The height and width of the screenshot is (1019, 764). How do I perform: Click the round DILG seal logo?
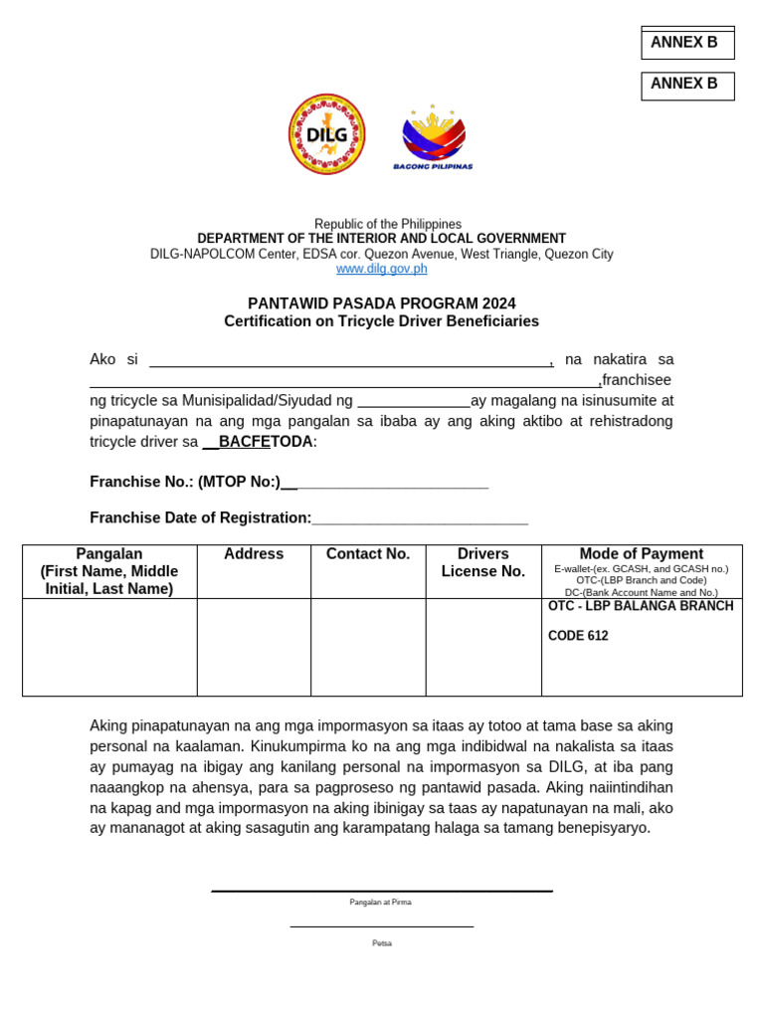point(326,134)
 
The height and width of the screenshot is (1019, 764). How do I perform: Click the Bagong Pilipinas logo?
point(433,137)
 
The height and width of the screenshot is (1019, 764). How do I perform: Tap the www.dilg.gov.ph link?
point(381,269)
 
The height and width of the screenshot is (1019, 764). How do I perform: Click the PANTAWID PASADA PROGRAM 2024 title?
point(381,304)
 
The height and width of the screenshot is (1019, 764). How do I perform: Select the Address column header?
point(254,554)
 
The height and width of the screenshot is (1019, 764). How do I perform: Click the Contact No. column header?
point(368,554)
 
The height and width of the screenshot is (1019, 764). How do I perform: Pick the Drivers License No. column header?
point(483,562)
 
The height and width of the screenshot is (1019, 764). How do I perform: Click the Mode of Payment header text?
point(641,554)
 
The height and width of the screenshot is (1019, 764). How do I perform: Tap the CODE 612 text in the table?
point(578,636)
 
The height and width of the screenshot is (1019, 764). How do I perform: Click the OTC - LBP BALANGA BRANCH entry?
point(641,606)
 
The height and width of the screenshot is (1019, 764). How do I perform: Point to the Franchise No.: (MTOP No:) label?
point(185,483)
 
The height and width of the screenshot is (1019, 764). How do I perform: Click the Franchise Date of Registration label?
point(200,518)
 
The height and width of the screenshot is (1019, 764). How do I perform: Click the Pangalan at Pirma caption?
point(380,903)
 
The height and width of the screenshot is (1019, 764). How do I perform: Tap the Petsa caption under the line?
point(382,943)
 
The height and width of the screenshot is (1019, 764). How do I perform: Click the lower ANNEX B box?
point(687,86)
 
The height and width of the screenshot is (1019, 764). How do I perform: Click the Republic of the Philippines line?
point(387,224)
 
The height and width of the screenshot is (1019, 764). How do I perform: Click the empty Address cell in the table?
point(254,647)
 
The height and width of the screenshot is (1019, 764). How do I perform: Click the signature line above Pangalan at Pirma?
point(381,891)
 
